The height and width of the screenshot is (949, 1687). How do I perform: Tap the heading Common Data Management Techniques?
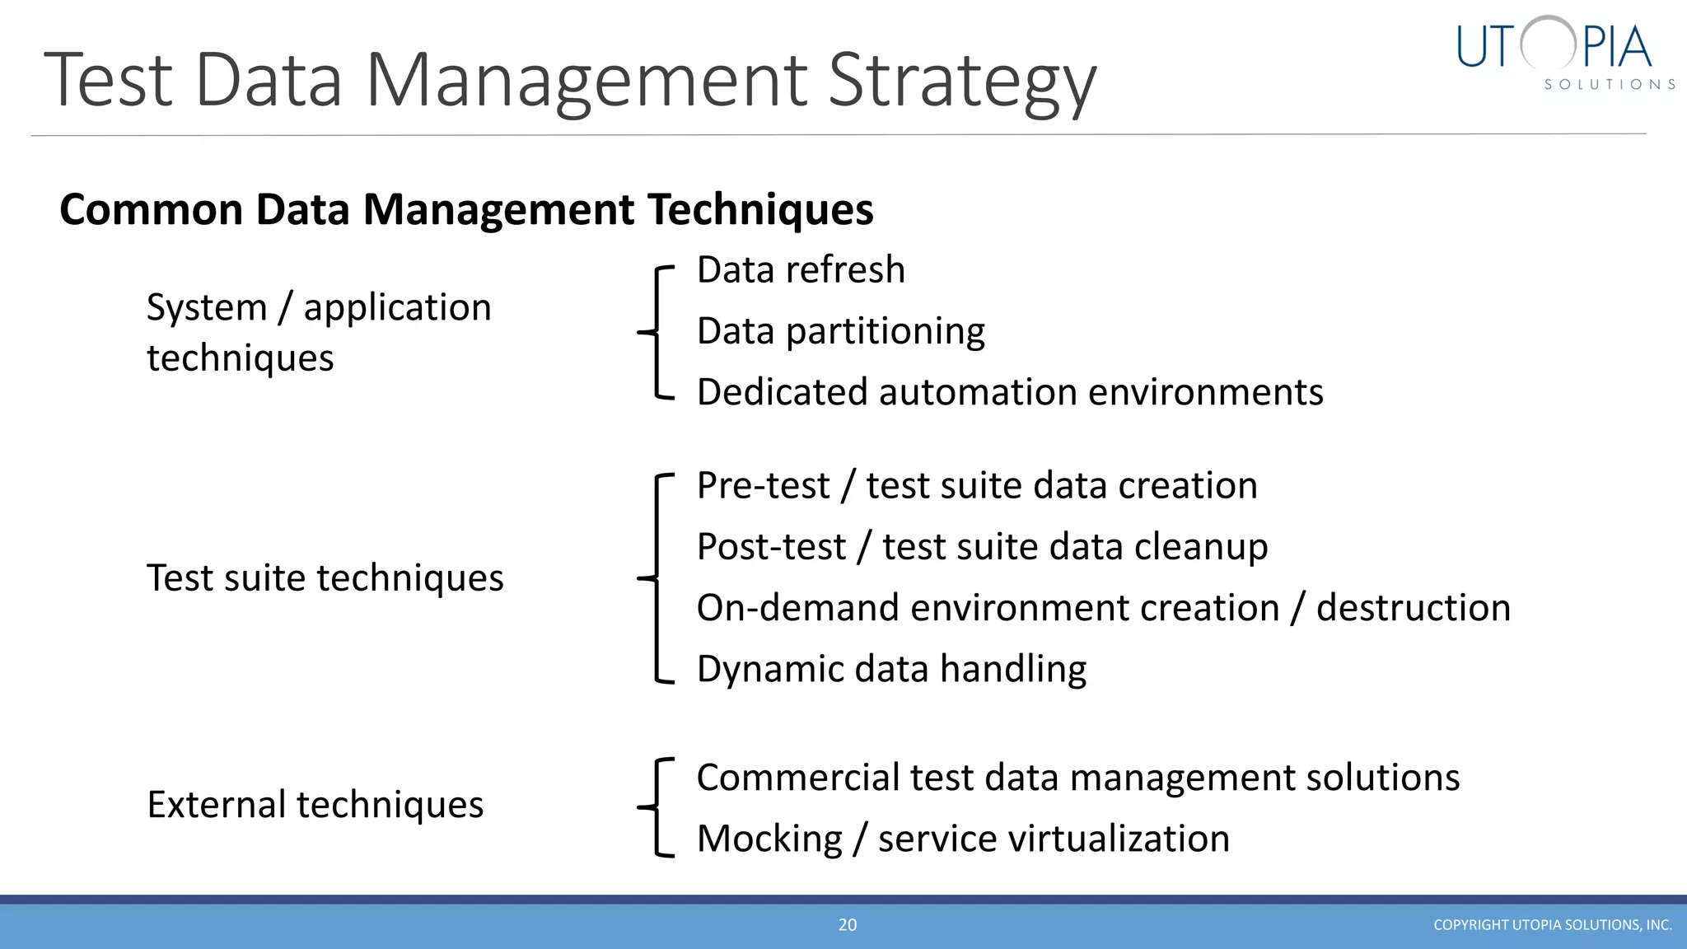click(466, 209)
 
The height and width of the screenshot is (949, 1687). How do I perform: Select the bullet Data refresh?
click(801, 270)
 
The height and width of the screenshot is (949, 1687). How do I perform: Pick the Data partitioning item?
click(840, 331)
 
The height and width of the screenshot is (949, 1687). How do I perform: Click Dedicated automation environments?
click(1010, 392)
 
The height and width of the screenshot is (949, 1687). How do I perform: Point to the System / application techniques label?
click(319, 332)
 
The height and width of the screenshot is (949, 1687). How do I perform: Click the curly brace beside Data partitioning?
click(657, 332)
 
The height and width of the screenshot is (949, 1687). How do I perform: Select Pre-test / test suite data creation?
click(977, 485)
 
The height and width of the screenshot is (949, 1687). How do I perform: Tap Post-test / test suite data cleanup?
click(982, 547)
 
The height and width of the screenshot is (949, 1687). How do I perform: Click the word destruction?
click(1413, 608)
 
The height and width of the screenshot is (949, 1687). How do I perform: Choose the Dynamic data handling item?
click(891, 669)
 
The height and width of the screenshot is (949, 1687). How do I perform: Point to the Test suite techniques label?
click(325, 578)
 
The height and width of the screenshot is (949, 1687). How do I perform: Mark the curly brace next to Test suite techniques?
click(657, 578)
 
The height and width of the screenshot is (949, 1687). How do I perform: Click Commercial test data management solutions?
click(1077, 778)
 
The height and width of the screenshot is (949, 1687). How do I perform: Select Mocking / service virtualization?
click(963, 839)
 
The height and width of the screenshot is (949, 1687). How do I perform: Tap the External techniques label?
click(315, 805)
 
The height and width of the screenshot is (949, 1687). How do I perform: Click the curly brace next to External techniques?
click(657, 807)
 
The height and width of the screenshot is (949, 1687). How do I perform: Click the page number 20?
click(848, 925)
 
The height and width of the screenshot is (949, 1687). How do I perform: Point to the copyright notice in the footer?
click(1552, 925)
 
